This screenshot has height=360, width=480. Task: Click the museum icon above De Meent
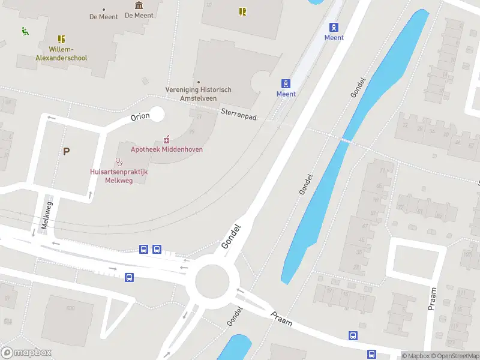139,5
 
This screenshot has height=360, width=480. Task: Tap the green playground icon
25,31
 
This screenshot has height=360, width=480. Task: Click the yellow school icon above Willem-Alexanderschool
61,39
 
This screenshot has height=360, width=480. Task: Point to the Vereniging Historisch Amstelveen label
198,94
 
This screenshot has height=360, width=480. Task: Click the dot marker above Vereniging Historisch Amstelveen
199,82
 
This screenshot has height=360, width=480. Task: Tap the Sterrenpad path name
238,114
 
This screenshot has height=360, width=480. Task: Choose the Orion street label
139,117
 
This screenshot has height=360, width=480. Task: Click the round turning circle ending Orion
157,113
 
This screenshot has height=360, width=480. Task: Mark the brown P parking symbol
66,151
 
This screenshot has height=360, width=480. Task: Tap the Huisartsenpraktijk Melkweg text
119,175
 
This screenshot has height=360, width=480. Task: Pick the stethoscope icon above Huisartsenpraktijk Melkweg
119,161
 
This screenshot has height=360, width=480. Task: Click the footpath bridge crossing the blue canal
346,140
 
